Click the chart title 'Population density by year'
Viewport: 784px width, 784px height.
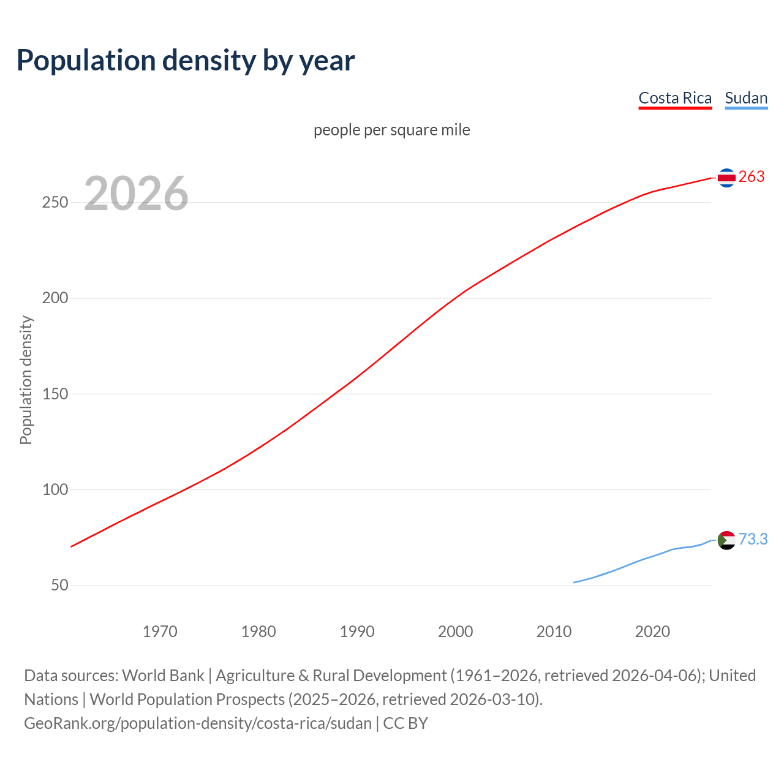186,61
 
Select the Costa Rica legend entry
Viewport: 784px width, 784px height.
675,98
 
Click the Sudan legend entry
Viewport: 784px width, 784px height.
746,98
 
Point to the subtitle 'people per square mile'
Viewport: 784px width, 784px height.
391,130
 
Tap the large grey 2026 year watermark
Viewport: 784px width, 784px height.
136,194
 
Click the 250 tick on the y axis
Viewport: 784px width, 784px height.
55,203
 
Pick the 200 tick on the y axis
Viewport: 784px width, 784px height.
55,298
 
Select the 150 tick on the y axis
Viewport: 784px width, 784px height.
55,394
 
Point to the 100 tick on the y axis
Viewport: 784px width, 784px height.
55,489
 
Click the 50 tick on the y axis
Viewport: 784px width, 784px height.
59,585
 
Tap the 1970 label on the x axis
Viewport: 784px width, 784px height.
160,631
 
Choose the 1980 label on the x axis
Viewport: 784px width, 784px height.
258,631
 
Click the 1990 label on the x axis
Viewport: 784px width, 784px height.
357,631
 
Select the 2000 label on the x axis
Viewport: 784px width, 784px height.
456,631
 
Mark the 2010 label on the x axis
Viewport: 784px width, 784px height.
554,631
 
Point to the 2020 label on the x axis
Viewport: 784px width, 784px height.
652,631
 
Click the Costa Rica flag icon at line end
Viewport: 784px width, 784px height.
726,178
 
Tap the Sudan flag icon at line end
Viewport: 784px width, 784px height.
726,540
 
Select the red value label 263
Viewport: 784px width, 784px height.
752,177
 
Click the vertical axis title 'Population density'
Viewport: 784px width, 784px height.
26,380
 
